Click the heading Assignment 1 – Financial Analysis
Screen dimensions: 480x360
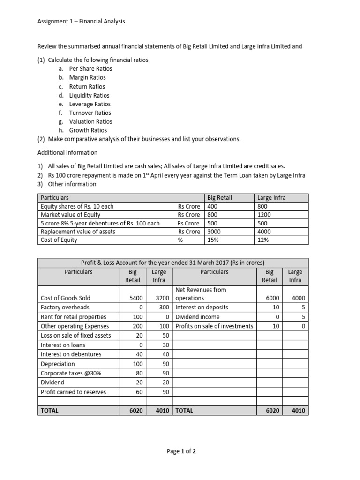(x=81, y=21)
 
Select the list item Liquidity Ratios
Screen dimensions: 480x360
(x=89, y=95)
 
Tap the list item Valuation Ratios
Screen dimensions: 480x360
(x=90, y=121)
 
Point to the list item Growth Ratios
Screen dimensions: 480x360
(x=88, y=130)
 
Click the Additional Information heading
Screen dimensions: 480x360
(x=67, y=152)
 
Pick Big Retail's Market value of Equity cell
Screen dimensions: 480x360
(x=213, y=215)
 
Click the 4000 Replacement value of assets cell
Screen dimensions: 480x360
(x=264, y=232)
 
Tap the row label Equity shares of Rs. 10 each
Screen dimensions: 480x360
(x=77, y=206)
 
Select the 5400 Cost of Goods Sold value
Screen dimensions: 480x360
(x=129, y=298)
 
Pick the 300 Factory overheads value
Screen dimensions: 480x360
(x=163, y=307)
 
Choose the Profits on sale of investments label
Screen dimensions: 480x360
(x=214, y=326)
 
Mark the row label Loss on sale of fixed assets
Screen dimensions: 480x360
(x=76, y=335)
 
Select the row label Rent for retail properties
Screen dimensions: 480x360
(x=74, y=317)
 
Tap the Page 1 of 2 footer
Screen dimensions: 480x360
(x=181, y=451)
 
